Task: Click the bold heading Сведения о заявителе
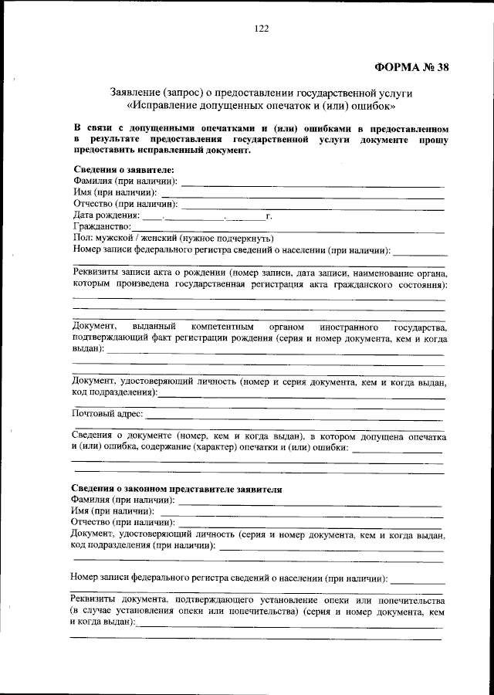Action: [123, 170]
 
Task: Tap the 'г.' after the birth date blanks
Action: [269, 215]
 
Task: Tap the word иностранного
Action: [343, 327]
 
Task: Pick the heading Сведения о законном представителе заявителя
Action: [178, 489]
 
